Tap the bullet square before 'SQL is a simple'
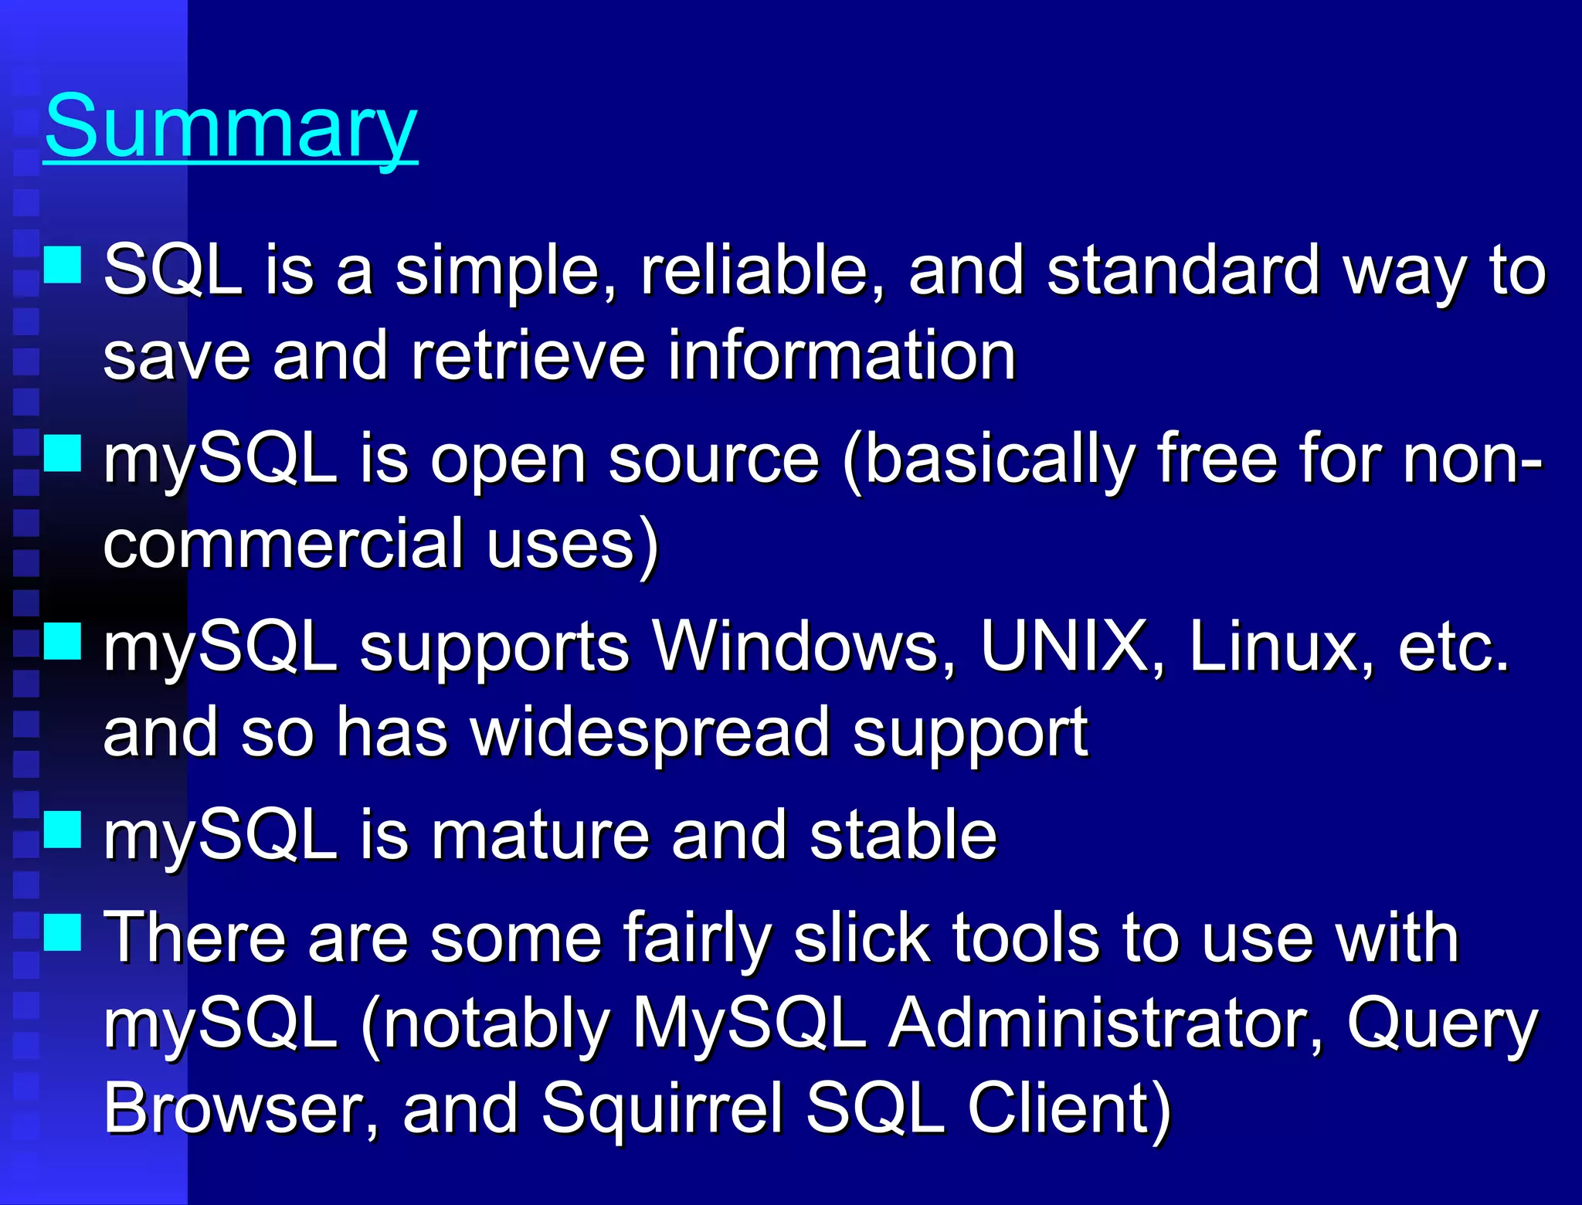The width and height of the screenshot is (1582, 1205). click(x=63, y=264)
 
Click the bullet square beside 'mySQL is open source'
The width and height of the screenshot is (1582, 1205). click(x=63, y=453)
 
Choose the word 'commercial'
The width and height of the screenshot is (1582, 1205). click(x=283, y=544)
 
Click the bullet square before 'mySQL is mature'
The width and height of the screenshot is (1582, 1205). click(x=63, y=830)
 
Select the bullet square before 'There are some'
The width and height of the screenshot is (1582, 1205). click(x=63, y=932)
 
